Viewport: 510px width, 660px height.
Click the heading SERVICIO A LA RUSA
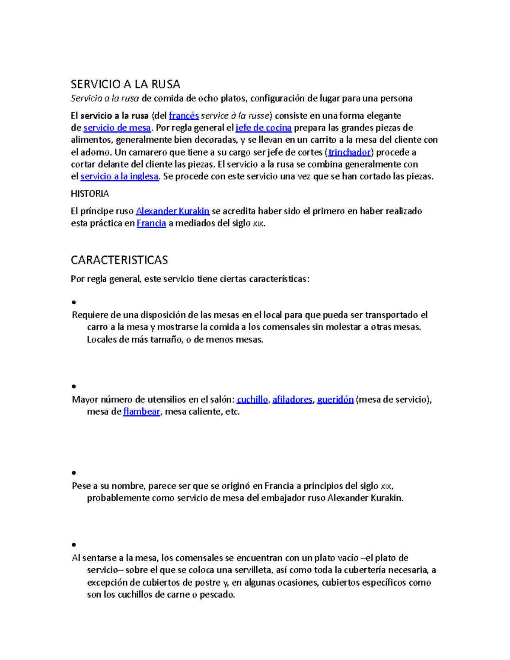coord(125,84)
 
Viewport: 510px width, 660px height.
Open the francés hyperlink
coord(184,116)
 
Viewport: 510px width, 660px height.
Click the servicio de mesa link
coord(117,128)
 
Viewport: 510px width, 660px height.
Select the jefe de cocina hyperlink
coord(263,128)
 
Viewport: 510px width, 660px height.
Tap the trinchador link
coord(350,152)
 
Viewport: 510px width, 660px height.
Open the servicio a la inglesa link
coord(119,176)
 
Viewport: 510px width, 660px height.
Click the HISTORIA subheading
coord(90,194)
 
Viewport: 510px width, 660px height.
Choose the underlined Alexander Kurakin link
coord(173,211)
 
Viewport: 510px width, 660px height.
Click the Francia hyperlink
coord(151,224)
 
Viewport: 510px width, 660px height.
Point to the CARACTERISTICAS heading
coord(119,260)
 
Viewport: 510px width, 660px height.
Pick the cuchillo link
coord(252,399)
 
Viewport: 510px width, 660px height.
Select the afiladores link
coord(292,399)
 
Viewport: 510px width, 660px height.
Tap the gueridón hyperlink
coord(335,399)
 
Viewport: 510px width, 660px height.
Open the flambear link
coord(142,412)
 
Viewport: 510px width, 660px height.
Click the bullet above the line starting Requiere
coord(74,303)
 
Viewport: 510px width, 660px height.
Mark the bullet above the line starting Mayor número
coord(74,386)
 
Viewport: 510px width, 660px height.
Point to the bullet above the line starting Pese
coord(74,473)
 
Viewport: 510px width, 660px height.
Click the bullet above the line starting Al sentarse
coord(74,544)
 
